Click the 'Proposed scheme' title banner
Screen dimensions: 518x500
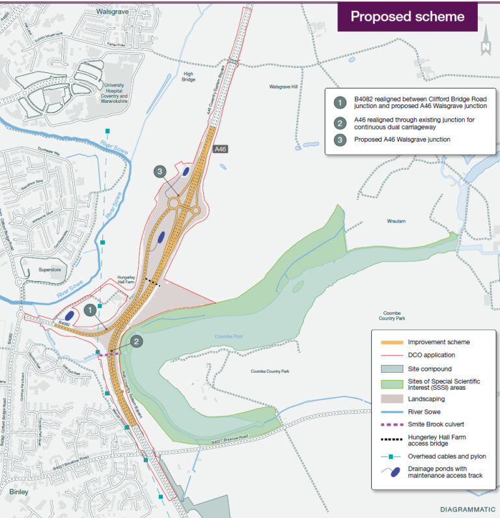[x=408, y=16]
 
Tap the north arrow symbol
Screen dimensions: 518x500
[x=485, y=41]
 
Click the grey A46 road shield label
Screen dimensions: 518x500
[x=220, y=150]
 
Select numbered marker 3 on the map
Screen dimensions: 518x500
[x=161, y=172]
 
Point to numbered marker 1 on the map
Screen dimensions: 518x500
[x=90, y=311]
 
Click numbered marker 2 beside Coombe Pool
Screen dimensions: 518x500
[x=136, y=340]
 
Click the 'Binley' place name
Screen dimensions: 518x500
[x=19, y=492]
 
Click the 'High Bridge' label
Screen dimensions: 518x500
[x=189, y=77]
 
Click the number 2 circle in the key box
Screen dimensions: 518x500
[x=339, y=123]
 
